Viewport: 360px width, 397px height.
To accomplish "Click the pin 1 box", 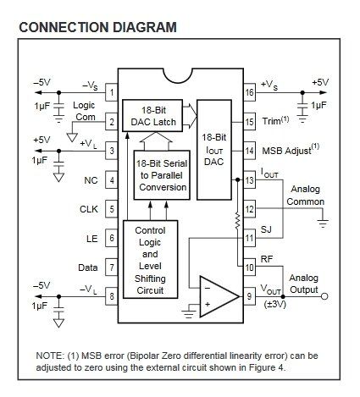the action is point(112,92).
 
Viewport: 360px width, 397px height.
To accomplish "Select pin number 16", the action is point(250,92).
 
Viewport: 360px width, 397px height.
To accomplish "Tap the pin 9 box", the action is point(249,296).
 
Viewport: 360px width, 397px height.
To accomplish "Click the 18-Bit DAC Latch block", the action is point(152,116).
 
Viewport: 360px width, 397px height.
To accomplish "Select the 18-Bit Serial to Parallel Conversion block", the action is point(162,175).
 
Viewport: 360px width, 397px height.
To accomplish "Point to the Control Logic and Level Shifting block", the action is point(151,259).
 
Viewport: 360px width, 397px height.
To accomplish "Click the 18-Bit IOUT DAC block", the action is point(214,150).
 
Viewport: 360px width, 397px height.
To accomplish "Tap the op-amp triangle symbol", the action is point(219,296).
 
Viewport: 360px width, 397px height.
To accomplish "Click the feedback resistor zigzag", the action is point(237,221).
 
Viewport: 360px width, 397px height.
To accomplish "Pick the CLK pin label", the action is point(89,209).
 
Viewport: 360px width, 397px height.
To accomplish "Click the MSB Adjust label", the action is point(291,149).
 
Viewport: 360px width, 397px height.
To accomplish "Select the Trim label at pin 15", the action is point(275,120).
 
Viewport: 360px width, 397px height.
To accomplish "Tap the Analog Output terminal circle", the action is point(324,296).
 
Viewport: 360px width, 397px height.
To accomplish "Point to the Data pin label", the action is point(88,267).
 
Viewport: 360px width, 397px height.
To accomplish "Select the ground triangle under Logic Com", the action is point(72,137).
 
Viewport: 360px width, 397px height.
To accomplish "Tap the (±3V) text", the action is point(275,305).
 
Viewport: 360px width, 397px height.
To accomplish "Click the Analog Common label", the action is point(305,196).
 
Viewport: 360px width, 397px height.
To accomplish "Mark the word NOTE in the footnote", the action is point(48,356).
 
